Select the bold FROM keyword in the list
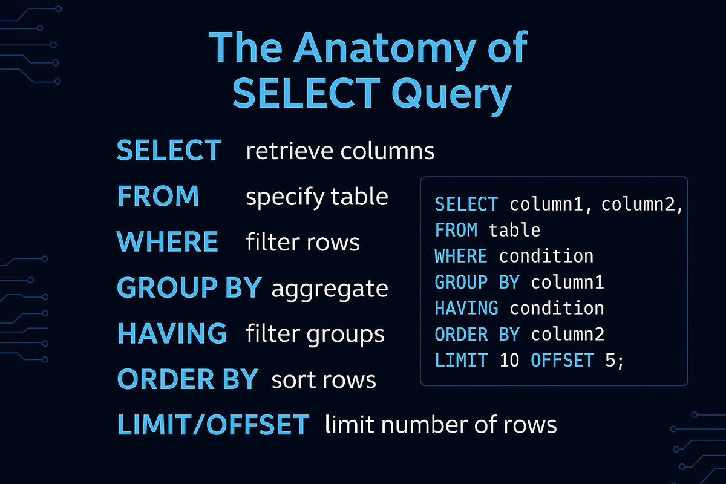[158, 196]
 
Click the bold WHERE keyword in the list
[167, 242]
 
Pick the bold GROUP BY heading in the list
[189, 287]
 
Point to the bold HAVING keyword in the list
[172, 333]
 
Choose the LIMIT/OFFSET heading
[213, 425]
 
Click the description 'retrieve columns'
[340, 151]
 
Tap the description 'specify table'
[317, 197]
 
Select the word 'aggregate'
[330, 289]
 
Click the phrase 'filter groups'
[315, 334]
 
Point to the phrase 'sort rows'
[324, 380]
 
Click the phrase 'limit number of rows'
[440, 425]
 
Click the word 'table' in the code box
[514, 230]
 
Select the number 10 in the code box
[509, 360]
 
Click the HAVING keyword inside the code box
[466, 308]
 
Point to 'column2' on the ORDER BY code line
[567, 334]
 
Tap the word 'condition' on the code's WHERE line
[546, 256]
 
